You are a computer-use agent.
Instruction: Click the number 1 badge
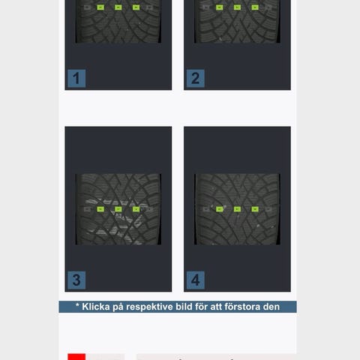[x=76, y=79]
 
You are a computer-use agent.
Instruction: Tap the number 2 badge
[x=196, y=79]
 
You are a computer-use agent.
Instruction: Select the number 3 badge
[x=76, y=280]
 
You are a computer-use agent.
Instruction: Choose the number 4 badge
[x=196, y=280]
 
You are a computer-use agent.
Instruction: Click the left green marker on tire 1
[x=100, y=7]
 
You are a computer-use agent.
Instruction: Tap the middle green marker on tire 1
[x=118, y=7]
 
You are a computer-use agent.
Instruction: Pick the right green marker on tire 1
[x=136, y=7]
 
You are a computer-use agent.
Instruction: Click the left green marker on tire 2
[x=220, y=7]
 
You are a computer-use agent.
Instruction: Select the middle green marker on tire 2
[x=237, y=7]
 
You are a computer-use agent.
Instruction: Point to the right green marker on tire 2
[x=255, y=7]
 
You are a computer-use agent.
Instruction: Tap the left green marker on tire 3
[x=100, y=209]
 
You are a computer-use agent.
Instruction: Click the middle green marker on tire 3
[x=118, y=209]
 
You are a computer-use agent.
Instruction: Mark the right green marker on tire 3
[x=136, y=209]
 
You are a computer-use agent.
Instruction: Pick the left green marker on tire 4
[x=220, y=209]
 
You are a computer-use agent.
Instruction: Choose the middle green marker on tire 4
[x=237, y=209]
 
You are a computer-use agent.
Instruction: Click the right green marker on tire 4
[x=255, y=209]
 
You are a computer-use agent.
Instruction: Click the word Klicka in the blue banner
[x=96, y=307]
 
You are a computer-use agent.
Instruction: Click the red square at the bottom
[x=76, y=357]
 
